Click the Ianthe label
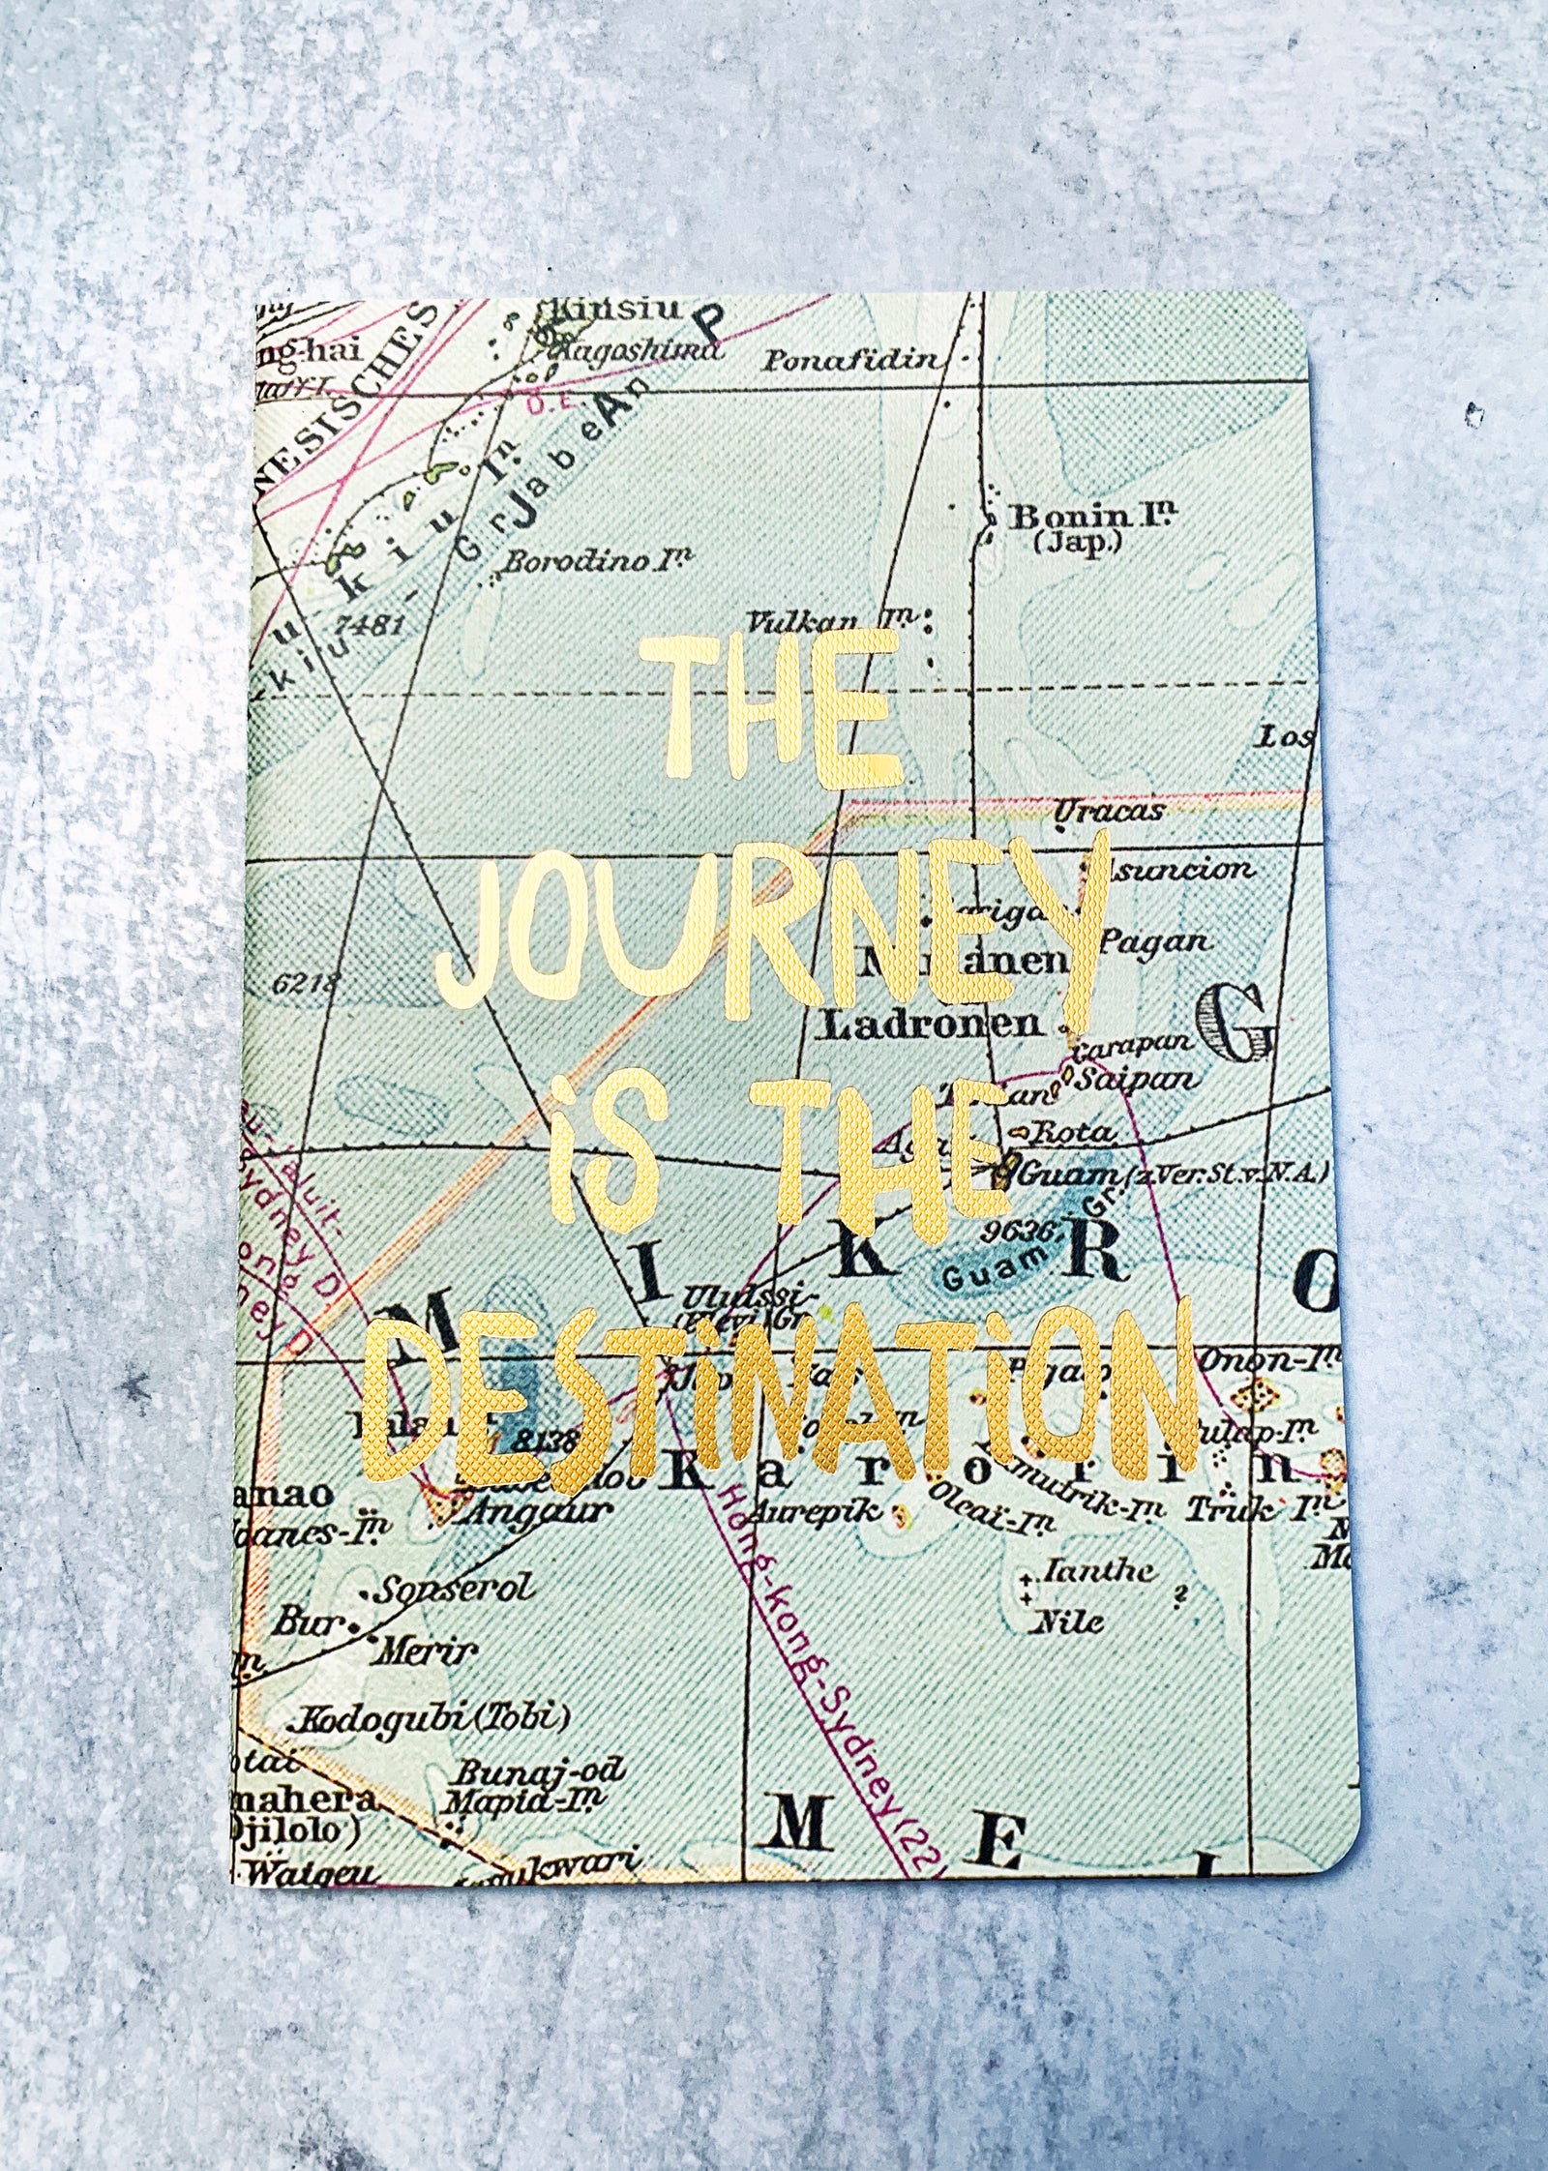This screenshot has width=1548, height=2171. click(x=1094, y=1570)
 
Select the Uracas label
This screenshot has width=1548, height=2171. click(x=1107, y=811)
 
